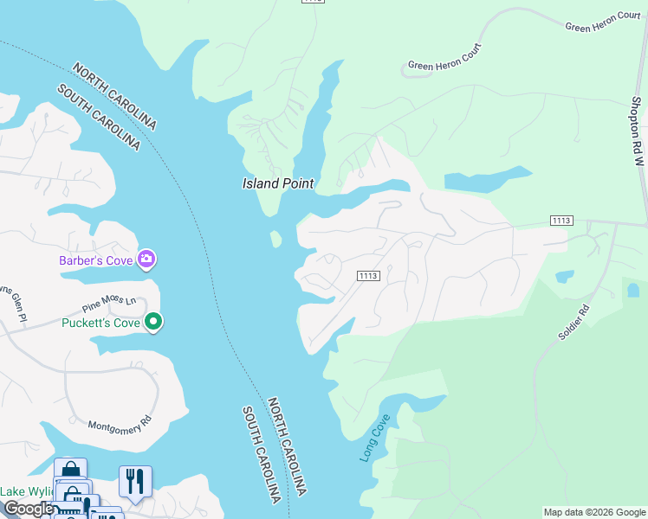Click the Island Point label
(277, 183)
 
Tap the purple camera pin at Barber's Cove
(146, 258)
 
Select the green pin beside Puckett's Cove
(153, 323)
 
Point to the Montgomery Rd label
(120, 425)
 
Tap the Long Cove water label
(374, 438)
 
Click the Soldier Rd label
(573, 322)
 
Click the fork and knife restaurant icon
(134, 481)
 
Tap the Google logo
(28, 509)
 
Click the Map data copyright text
(594, 512)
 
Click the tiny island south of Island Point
(276, 239)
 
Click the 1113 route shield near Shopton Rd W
(561, 221)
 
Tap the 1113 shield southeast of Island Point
(368, 275)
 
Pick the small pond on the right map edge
(632, 290)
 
